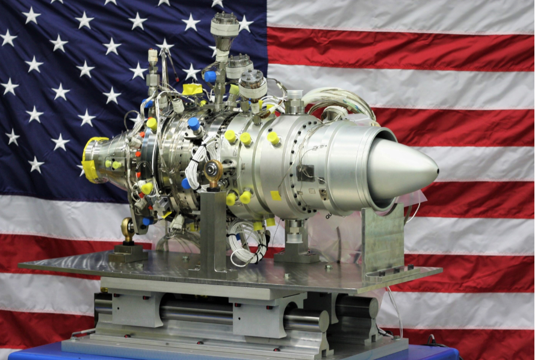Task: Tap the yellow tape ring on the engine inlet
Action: pos(90,160)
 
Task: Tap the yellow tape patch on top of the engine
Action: pos(193,89)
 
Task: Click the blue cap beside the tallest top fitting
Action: pos(209,76)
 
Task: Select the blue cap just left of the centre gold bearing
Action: pos(187,184)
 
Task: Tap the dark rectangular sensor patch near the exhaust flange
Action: pos(305,172)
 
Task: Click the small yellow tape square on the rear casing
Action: pos(275,196)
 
